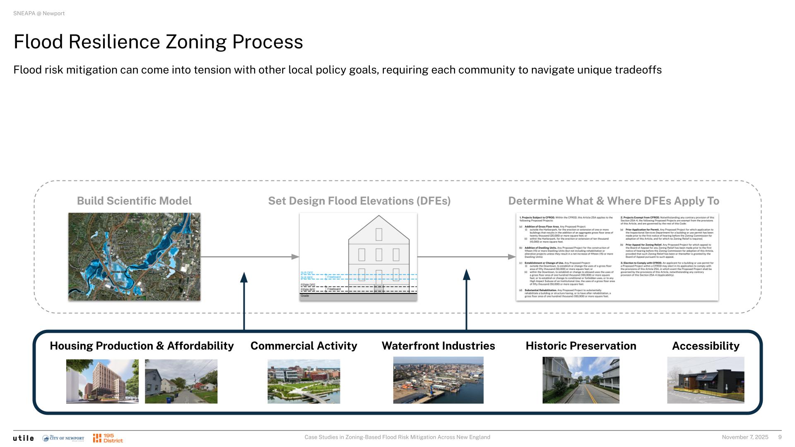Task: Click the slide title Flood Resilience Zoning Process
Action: (158, 42)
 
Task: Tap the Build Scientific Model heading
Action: (134, 201)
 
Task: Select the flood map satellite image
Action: (134, 257)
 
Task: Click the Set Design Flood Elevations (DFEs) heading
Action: (359, 201)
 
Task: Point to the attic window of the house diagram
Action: (379, 234)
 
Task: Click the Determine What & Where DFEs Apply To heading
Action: (614, 201)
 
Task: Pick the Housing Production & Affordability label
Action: (142, 346)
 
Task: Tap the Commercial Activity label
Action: (304, 346)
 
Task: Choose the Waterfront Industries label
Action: (438, 346)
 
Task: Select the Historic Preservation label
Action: (581, 346)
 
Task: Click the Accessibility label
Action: (706, 346)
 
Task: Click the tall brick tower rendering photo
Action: (102, 381)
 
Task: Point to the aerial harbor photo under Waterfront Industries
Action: (438, 380)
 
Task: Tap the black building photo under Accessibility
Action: (706, 380)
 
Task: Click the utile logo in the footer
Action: (23, 438)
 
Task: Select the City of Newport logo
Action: (63, 438)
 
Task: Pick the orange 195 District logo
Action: (108, 438)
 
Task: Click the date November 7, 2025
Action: (745, 437)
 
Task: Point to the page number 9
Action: (780, 437)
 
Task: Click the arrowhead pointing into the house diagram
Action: (295, 257)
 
